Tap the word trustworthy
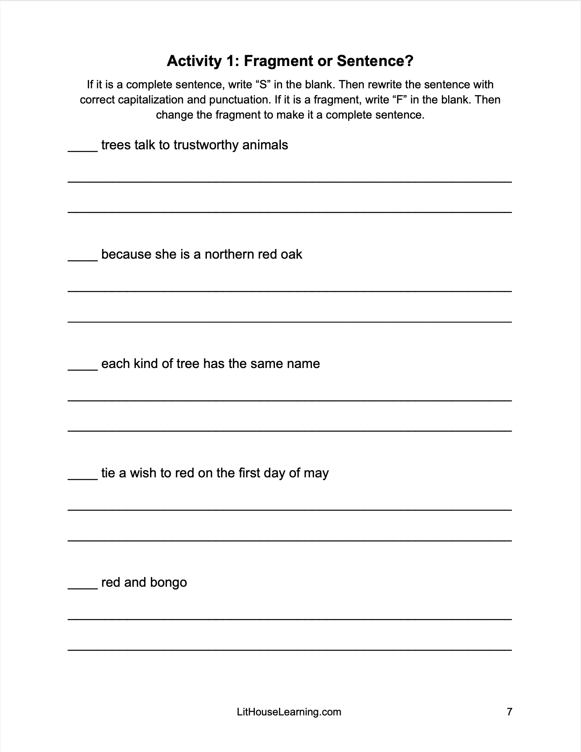click(206, 145)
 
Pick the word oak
click(291, 254)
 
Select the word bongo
click(168, 583)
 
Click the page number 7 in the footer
click(510, 712)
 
